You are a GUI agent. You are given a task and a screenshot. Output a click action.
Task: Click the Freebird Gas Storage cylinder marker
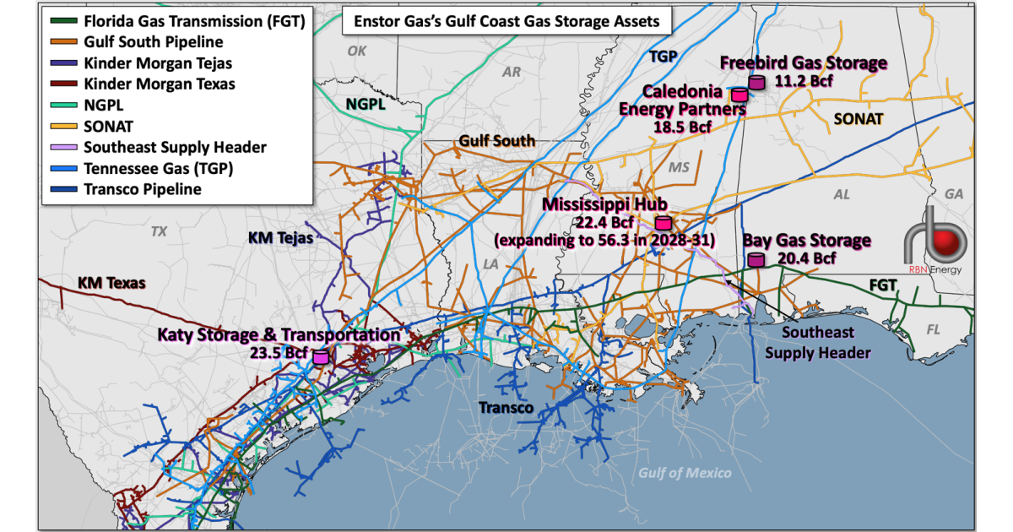click(x=756, y=82)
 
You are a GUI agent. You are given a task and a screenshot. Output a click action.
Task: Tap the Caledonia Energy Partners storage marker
click(x=739, y=95)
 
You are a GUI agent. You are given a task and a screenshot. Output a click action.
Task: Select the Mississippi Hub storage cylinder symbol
click(x=664, y=223)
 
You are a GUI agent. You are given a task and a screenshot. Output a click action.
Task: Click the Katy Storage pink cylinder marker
click(x=321, y=357)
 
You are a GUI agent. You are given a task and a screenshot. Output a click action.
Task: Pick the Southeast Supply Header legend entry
click(x=174, y=147)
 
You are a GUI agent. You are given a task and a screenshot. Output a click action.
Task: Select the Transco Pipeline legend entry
click(x=142, y=189)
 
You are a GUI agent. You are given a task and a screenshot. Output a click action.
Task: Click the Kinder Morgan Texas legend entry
click(x=159, y=84)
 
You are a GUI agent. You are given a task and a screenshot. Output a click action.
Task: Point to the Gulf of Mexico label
click(x=685, y=472)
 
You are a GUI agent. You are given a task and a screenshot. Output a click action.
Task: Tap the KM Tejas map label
click(x=281, y=239)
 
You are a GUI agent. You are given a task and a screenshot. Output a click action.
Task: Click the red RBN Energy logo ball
click(x=953, y=241)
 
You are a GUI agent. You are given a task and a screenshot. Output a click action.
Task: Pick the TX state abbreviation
click(x=159, y=231)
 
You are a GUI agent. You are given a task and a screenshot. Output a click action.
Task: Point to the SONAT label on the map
click(x=858, y=120)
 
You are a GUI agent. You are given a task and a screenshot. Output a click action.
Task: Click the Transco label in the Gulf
click(x=506, y=408)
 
